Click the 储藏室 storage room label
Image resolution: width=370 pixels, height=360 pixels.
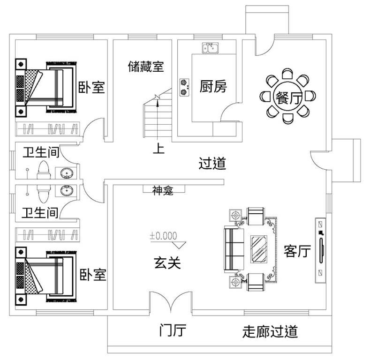(x=146, y=67)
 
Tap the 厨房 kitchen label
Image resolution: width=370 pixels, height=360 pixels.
(x=213, y=86)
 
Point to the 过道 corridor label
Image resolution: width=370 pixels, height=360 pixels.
(x=212, y=164)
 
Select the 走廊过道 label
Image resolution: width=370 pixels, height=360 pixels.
(x=270, y=332)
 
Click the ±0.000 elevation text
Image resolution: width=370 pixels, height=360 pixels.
(x=164, y=236)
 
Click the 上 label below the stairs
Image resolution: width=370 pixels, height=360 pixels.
(x=159, y=149)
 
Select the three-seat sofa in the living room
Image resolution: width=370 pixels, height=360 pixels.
(x=232, y=249)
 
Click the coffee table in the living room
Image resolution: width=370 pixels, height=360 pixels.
(x=258, y=248)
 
